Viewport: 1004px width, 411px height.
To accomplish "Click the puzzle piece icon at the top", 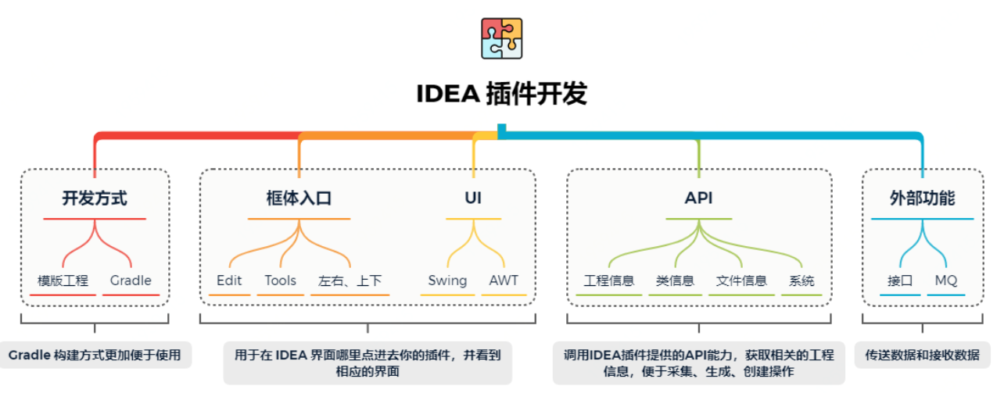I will tap(501, 38).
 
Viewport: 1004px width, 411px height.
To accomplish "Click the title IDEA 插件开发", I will tap(501, 94).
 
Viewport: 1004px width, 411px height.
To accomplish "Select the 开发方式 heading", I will tap(95, 198).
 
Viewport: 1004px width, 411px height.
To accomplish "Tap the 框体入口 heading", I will tap(299, 198).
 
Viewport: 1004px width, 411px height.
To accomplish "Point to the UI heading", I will tap(473, 198).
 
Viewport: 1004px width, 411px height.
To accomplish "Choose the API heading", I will tap(698, 198).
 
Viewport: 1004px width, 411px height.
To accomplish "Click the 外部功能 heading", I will tap(922, 198).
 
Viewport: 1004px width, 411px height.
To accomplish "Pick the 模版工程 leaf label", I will tap(63, 281).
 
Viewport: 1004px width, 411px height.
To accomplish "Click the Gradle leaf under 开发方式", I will tap(131, 281).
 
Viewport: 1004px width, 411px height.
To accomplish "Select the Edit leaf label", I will tap(229, 281).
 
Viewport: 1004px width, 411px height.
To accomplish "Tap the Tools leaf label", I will tap(280, 281).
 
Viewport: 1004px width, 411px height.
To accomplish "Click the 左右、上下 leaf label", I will tap(350, 281).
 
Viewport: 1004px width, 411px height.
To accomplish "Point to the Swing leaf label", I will tap(447, 281).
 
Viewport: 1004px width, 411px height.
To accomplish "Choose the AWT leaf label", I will tap(504, 281).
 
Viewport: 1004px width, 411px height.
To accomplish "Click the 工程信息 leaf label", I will tap(608, 281).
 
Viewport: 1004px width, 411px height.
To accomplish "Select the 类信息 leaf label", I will tap(675, 281).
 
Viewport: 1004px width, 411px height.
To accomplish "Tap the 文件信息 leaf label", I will tap(741, 281).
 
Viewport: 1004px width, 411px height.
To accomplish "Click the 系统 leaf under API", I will tap(801, 281).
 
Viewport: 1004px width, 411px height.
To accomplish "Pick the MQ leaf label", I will tap(945, 281).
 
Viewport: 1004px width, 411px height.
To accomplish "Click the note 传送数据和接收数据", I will tap(922, 355).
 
